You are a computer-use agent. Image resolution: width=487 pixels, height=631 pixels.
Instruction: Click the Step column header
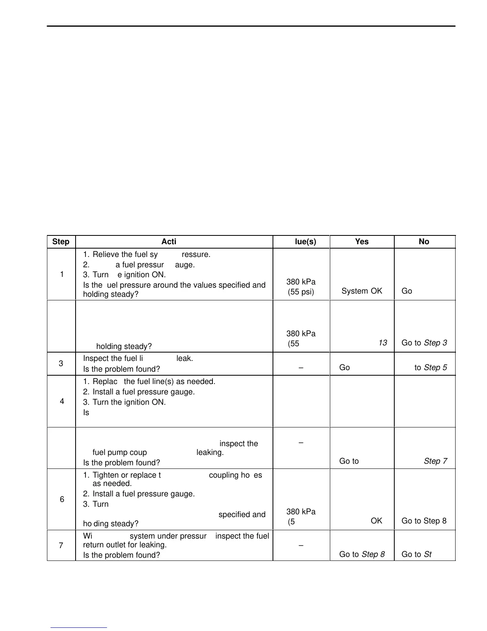pos(61,242)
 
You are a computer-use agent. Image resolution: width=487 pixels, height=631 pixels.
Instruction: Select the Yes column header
pos(362,242)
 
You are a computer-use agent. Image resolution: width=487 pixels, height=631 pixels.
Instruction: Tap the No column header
pos(424,242)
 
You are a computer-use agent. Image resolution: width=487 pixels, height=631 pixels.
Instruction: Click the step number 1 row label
pos(62,274)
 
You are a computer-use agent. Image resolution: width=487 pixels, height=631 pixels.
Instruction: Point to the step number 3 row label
pos(61,363)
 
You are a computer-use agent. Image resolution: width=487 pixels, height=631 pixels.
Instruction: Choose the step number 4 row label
pos(62,401)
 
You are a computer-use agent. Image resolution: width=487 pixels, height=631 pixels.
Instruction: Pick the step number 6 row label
pos(62,499)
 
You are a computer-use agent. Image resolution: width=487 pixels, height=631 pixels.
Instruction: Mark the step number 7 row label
pos(61,545)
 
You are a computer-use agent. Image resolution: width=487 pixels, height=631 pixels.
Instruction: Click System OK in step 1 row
pos(362,291)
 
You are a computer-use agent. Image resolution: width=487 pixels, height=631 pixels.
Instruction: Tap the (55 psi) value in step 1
pos(301,292)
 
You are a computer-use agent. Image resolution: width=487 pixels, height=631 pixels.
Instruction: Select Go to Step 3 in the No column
pos(424,343)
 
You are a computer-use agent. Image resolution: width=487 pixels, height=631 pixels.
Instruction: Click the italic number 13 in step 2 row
pos(382,343)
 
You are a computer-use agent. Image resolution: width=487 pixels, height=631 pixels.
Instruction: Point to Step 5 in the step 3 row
pos(435,368)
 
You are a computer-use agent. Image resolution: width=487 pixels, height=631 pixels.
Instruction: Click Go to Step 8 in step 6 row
pos(424,521)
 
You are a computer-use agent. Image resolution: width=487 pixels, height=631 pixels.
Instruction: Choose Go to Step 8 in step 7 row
pos(362,555)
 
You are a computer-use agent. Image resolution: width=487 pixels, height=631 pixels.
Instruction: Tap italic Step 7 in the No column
pos(435,461)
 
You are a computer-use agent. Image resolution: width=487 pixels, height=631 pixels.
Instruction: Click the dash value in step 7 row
pos(301,546)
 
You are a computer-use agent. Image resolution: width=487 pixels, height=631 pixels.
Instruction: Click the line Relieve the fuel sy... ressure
pos(147,255)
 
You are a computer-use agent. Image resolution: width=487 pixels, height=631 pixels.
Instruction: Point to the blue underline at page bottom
pos(79,628)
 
